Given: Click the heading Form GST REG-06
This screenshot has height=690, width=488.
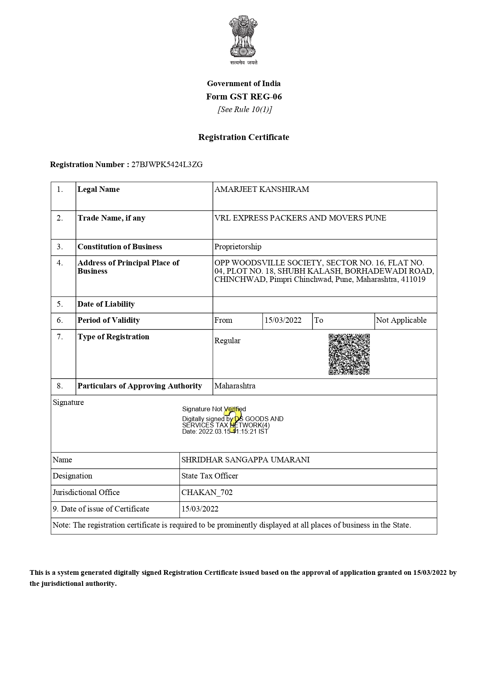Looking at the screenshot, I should pos(244,97).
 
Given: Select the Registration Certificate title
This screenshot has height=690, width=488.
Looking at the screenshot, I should pos(244,137).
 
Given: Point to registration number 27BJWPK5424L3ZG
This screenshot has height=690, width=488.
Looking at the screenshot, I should pos(167,165).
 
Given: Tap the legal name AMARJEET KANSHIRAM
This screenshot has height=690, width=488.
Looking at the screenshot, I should pos(262,190).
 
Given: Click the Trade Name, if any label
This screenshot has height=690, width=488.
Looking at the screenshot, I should pos(111,218).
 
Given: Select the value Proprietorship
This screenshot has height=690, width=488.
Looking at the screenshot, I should pos(238,247).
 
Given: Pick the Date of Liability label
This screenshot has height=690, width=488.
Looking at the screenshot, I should pos(106,304).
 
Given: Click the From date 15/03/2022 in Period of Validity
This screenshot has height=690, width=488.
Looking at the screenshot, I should pos(283,320).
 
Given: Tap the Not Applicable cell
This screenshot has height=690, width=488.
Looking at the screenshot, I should pos(401,320).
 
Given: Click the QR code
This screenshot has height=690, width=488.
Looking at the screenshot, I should pos(349,354).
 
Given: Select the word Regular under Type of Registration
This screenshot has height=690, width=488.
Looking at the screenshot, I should pos(227,341).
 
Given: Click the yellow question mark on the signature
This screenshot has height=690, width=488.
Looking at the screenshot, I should pos(233,420).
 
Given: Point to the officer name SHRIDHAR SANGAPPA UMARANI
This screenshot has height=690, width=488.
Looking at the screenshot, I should pos(245,460).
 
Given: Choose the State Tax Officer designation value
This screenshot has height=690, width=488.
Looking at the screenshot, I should pos(209,476).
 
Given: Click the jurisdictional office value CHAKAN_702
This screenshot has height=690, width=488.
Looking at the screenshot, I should pos(207,493).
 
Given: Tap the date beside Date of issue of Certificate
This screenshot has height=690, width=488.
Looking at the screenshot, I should pos(200,509).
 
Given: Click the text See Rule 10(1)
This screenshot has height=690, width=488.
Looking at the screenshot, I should pos(245,110).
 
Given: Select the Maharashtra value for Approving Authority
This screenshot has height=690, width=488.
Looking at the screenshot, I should pos(235,386).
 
